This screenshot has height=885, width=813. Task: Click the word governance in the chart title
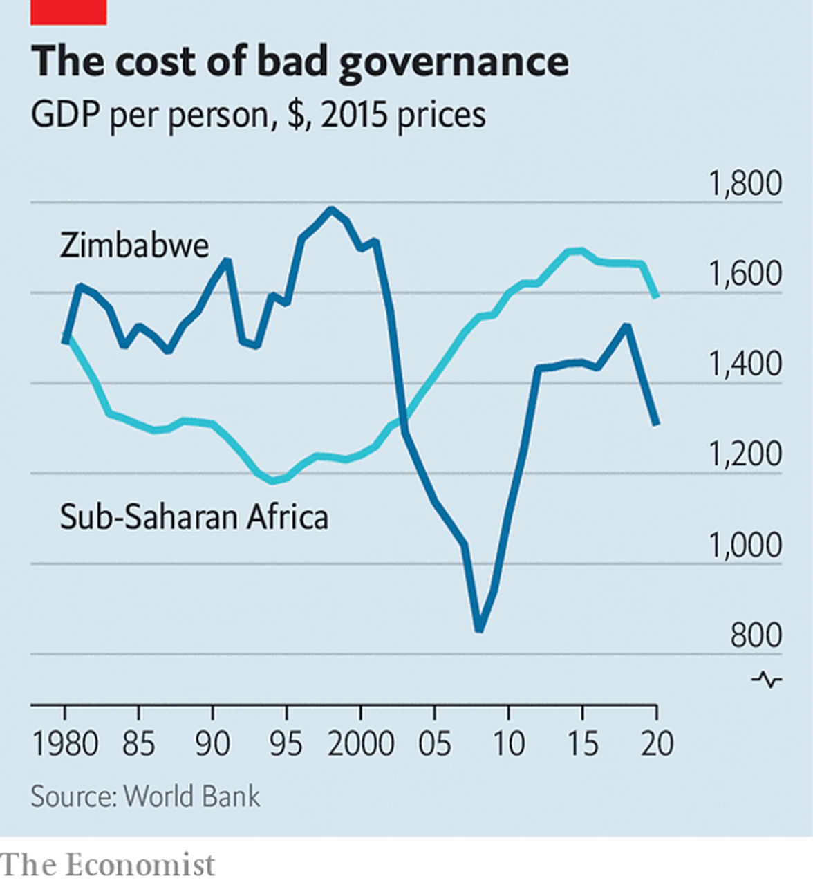click(454, 62)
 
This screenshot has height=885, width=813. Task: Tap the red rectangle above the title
click(68, 12)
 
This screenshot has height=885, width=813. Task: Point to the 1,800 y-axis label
click(745, 184)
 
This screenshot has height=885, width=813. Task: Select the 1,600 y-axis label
click(745, 274)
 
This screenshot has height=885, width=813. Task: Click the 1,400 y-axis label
click(745, 364)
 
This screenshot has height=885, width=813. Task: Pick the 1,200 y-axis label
click(745, 455)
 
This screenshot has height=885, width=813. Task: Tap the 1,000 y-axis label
click(745, 546)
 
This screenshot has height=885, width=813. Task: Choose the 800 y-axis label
click(756, 635)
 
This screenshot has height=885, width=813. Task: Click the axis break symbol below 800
click(767, 680)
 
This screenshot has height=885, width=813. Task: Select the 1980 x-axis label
click(66, 744)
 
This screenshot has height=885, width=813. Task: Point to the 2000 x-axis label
click(360, 744)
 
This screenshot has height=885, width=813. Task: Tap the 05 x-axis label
click(435, 744)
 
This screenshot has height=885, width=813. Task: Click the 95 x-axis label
click(286, 744)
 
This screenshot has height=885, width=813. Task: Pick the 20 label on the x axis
click(656, 744)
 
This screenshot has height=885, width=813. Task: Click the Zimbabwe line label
click(134, 245)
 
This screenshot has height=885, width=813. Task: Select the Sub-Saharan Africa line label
click(194, 517)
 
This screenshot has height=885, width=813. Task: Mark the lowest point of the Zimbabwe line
click(478, 628)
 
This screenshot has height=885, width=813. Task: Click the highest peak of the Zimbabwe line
click(331, 209)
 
